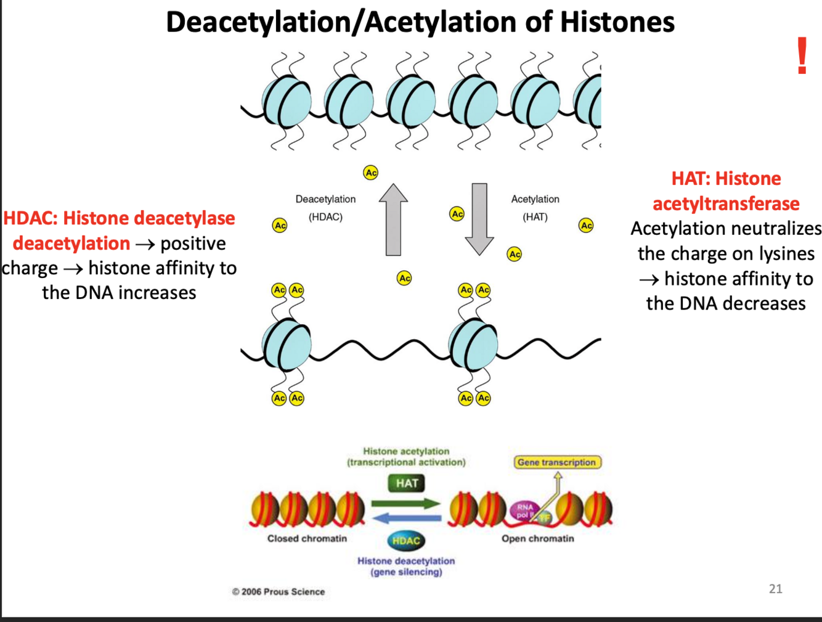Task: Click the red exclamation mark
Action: coord(802,56)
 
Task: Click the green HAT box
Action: coord(407,483)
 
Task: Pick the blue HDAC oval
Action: coord(406,541)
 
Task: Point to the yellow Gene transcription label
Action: coord(557,462)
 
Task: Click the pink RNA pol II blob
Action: coord(525,510)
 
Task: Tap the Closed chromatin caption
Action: coord(307,538)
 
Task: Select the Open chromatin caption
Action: coord(537,538)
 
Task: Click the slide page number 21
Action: coord(776,589)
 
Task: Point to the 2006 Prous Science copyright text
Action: coord(279,592)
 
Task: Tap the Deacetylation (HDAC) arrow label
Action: coord(325,208)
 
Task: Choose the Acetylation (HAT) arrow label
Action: coord(535,208)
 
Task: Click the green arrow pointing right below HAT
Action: coord(407,504)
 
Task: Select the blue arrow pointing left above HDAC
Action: coord(407,518)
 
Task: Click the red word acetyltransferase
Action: coord(726,203)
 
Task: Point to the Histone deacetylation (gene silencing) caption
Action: coord(406,566)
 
